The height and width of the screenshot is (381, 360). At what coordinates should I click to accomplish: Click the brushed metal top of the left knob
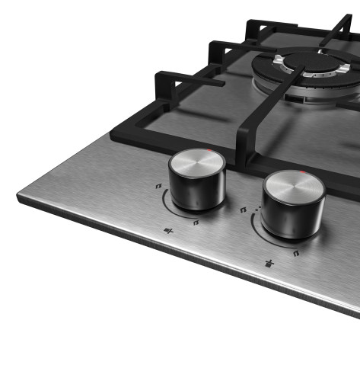point(196,162)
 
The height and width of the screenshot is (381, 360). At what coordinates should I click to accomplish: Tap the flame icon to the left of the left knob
point(158,185)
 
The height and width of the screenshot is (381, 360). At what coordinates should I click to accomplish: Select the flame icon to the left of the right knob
point(244,207)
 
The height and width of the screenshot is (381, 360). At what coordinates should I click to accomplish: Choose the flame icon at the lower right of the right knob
point(296,254)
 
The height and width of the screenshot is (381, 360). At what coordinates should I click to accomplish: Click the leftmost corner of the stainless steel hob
point(18,197)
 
